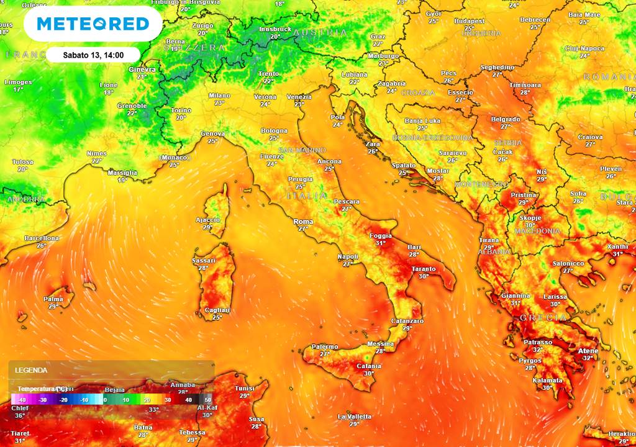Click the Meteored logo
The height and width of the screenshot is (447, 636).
pyautogui.click(x=93, y=24)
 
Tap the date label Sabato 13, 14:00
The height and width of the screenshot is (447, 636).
pyautogui.click(x=94, y=55)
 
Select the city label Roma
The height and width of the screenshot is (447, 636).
pyautogui.click(x=303, y=222)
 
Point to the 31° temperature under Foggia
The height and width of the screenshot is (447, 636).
pyautogui.click(x=380, y=243)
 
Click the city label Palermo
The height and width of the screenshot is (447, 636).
pyautogui.click(x=325, y=346)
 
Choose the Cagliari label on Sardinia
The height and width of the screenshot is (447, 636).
pyautogui.click(x=217, y=310)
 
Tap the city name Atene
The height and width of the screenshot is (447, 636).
pyautogui.click(x=588, y=351)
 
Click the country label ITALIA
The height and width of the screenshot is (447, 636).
pyautogui.click(x=307, y=196)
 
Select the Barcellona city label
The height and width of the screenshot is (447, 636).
pyautogui.click(x=42, y=238)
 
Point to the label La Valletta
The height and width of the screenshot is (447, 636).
pyautogui.click(x=354, y=417)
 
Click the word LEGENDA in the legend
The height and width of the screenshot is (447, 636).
pyautogui.click(x=32, y=370)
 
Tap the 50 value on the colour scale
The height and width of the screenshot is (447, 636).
pyautogui.click(x=208, y=400)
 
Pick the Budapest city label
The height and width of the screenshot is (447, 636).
pyautogui.click(x=469, y=21)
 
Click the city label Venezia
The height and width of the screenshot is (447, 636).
pyautogui.click(x=299, y=97)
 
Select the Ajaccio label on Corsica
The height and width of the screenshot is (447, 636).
pyautogui.click(x=207, y=220)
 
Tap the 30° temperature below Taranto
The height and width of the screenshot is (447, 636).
pyautogui.click(x=424, y=276)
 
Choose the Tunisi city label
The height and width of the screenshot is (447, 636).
pyautogui.click(x=244, y=389)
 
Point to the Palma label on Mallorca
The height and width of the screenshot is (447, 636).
pyautogui.click(x=53, y=299)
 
